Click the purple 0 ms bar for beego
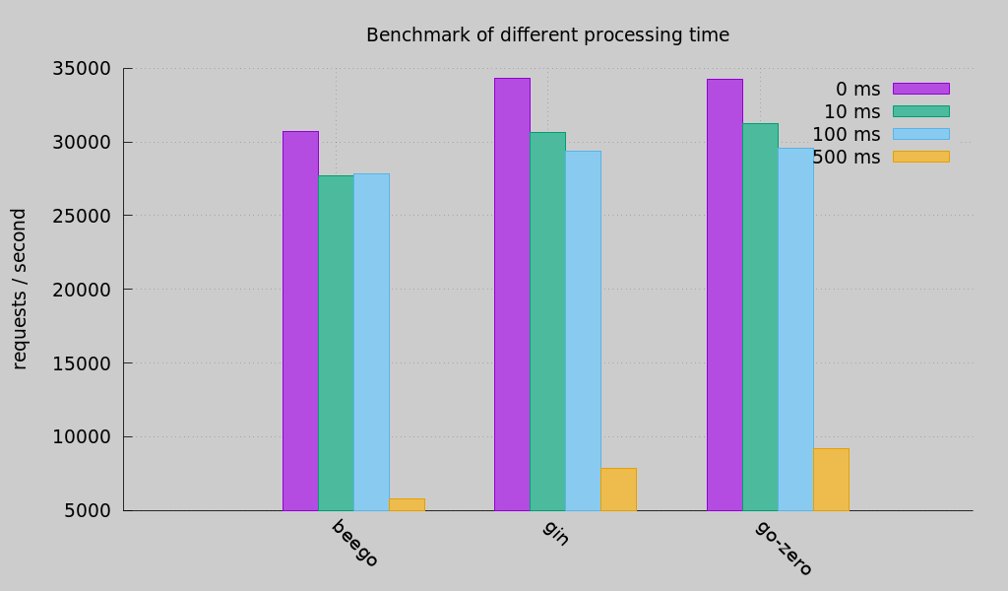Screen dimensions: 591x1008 (x=300, y=320)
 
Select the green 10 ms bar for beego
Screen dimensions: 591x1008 (x=336, y=343)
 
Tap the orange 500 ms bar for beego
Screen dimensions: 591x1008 (x=407, y=504)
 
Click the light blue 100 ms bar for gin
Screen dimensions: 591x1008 (x=583, y=330)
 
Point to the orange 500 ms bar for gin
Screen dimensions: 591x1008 (x=618, y=490)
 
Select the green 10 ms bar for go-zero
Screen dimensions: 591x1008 (x=760, y=316)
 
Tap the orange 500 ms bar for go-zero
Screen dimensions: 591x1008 (x=831, y=480)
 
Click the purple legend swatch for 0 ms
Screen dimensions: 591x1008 (x=920, y=89)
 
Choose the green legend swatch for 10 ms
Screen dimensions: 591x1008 (x=920, y=111)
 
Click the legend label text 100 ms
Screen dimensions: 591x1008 (x=846, y=134)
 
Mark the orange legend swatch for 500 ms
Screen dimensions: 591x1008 (x=920, y=157)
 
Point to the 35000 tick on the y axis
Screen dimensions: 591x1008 (x=82, y=68)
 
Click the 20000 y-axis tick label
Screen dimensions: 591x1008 (x=82, y=290)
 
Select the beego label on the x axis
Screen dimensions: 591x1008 (x=354, y=544)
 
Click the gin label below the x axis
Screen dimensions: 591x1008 (x=556, y=533)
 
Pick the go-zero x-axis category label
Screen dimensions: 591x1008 (x=784, y=549)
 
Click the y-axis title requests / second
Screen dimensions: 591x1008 (x=20, y=289)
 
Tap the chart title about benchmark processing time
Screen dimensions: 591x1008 (x=547, y=35)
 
